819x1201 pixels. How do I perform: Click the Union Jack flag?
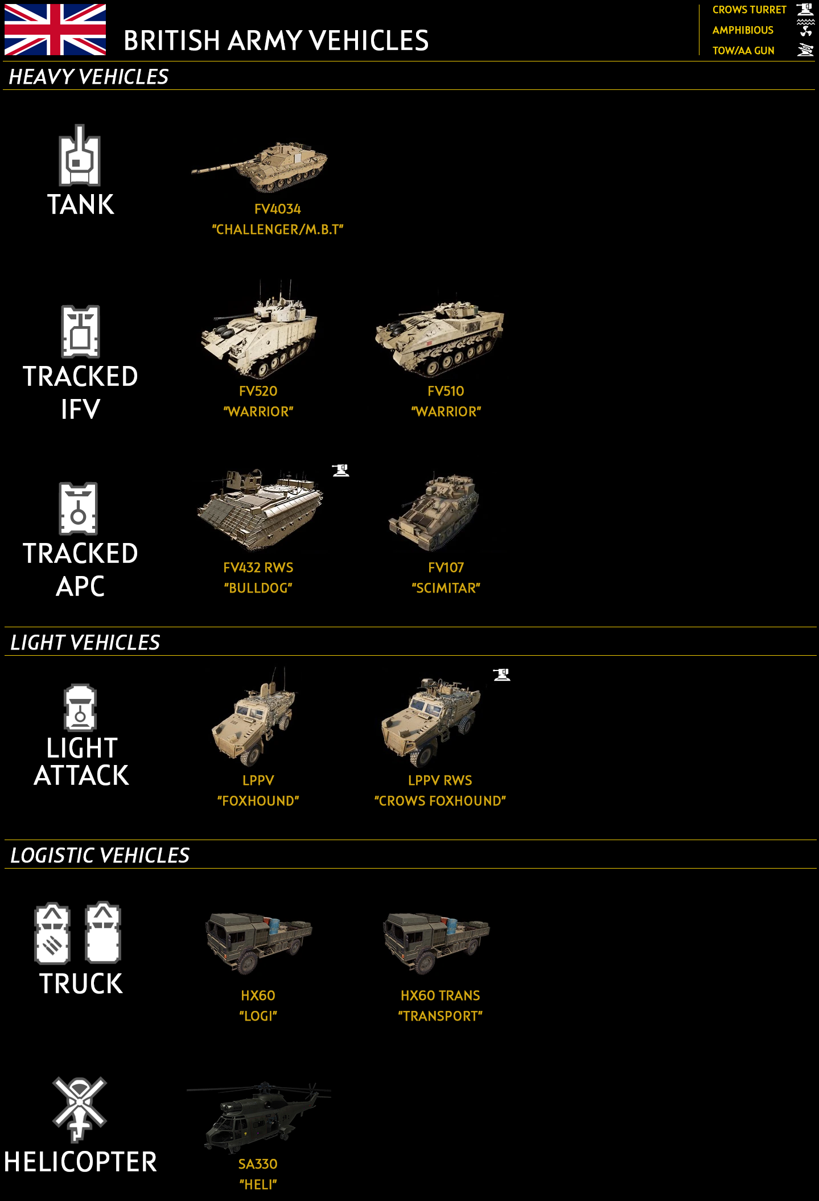tap(55, 30)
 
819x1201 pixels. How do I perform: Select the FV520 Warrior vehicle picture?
tap(259, 330)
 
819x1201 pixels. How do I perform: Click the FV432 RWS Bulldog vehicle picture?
tap(260, 509)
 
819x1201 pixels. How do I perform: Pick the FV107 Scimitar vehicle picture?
tap(434, 511)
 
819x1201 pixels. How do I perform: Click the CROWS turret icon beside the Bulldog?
tap(341, 470)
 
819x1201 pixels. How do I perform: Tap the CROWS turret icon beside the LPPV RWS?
tap(501, 674)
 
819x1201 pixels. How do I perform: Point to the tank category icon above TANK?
tap(80, 155)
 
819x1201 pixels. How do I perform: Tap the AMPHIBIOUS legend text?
tap(743, 30)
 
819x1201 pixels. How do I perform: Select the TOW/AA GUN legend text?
tap(743, 51)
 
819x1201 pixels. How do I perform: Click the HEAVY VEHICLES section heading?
tap(89, 76)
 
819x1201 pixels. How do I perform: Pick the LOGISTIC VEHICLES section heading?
tap(100, 855)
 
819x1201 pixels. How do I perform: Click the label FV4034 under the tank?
tap(278, 209)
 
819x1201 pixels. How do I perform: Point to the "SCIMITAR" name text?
tap(446, 588)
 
